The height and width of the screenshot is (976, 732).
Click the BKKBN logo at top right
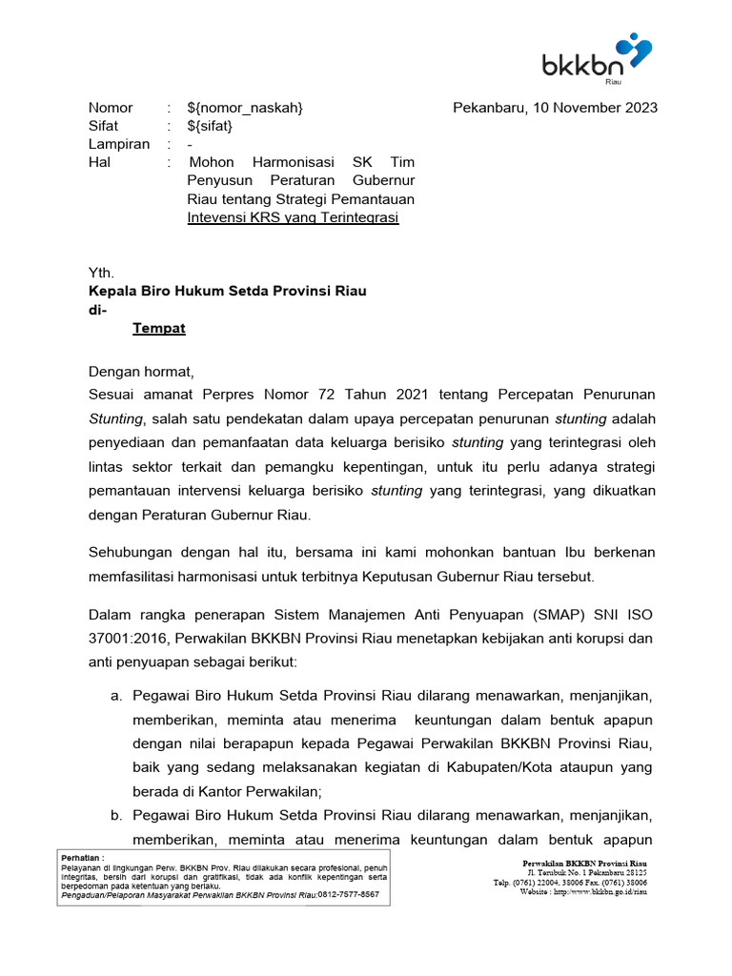click(597, 59)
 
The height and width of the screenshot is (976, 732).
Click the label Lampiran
click(119, 144)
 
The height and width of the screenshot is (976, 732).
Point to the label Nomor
click(111, 108)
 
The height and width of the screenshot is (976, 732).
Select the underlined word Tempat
click(159, 328)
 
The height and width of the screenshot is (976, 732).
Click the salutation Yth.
click(101, 273)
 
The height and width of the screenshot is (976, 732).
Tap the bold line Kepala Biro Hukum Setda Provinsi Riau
click(227, 291)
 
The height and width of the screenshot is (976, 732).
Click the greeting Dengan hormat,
click(141, 371)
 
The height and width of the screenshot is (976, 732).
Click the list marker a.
click(116, 696)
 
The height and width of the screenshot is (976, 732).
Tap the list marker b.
click(116, 816)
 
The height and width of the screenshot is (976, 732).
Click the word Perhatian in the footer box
click(81, 858)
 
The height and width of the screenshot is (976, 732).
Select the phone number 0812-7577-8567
click(348, 895)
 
